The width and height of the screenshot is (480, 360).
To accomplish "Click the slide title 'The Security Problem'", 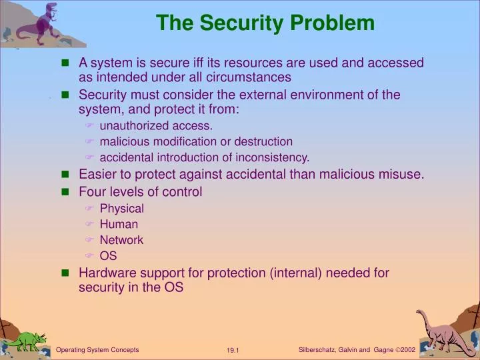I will point(265,23).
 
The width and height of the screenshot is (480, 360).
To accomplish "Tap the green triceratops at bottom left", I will point(25,340).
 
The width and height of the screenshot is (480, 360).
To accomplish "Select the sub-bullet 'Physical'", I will point(122,208).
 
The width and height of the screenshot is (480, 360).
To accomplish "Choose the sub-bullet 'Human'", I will point(119,224).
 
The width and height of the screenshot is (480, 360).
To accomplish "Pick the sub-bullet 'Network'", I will point(121,240).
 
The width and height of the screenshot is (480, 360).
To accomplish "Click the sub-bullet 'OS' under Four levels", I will point(108,255).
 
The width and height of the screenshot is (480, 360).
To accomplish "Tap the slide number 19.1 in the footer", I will point(233,351).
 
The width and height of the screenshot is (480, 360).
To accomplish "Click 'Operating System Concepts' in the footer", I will point(97,349).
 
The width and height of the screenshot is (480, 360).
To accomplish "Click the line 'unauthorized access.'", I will point(156,125).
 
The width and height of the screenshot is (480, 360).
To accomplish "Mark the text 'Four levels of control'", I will point(140,192).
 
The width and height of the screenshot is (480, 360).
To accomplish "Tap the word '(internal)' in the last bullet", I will point(289,273).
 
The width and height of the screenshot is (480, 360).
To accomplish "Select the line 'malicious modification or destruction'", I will point(196,141).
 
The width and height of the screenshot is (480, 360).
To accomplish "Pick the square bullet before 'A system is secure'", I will point(65,63).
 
